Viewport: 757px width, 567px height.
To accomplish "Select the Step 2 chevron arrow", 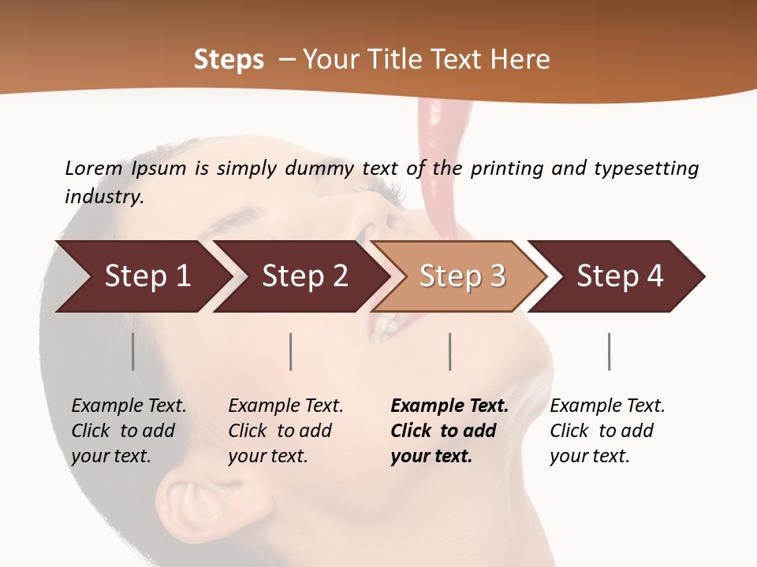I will (304, 276).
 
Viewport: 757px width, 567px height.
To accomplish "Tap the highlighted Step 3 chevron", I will (461, 276).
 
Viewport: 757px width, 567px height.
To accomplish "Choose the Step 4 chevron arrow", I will (619, 276).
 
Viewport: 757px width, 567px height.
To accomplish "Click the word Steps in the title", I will (229, 59).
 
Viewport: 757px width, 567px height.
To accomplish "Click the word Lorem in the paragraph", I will (93, 168).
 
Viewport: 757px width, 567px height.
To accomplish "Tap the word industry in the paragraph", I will (103, 196).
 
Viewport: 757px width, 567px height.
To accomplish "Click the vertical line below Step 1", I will (133, 351).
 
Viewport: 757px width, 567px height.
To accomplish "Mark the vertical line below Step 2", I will (291, 351).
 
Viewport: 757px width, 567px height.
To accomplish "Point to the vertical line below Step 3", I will (449, 351).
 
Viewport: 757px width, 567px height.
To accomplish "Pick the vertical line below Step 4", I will (609, 351).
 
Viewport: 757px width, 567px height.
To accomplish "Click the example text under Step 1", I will (129, 431).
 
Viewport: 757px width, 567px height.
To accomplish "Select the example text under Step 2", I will (285, 431).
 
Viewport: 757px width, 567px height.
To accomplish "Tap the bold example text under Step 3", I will (449, 431).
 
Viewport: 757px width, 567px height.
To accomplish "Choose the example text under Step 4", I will (607, 431).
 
